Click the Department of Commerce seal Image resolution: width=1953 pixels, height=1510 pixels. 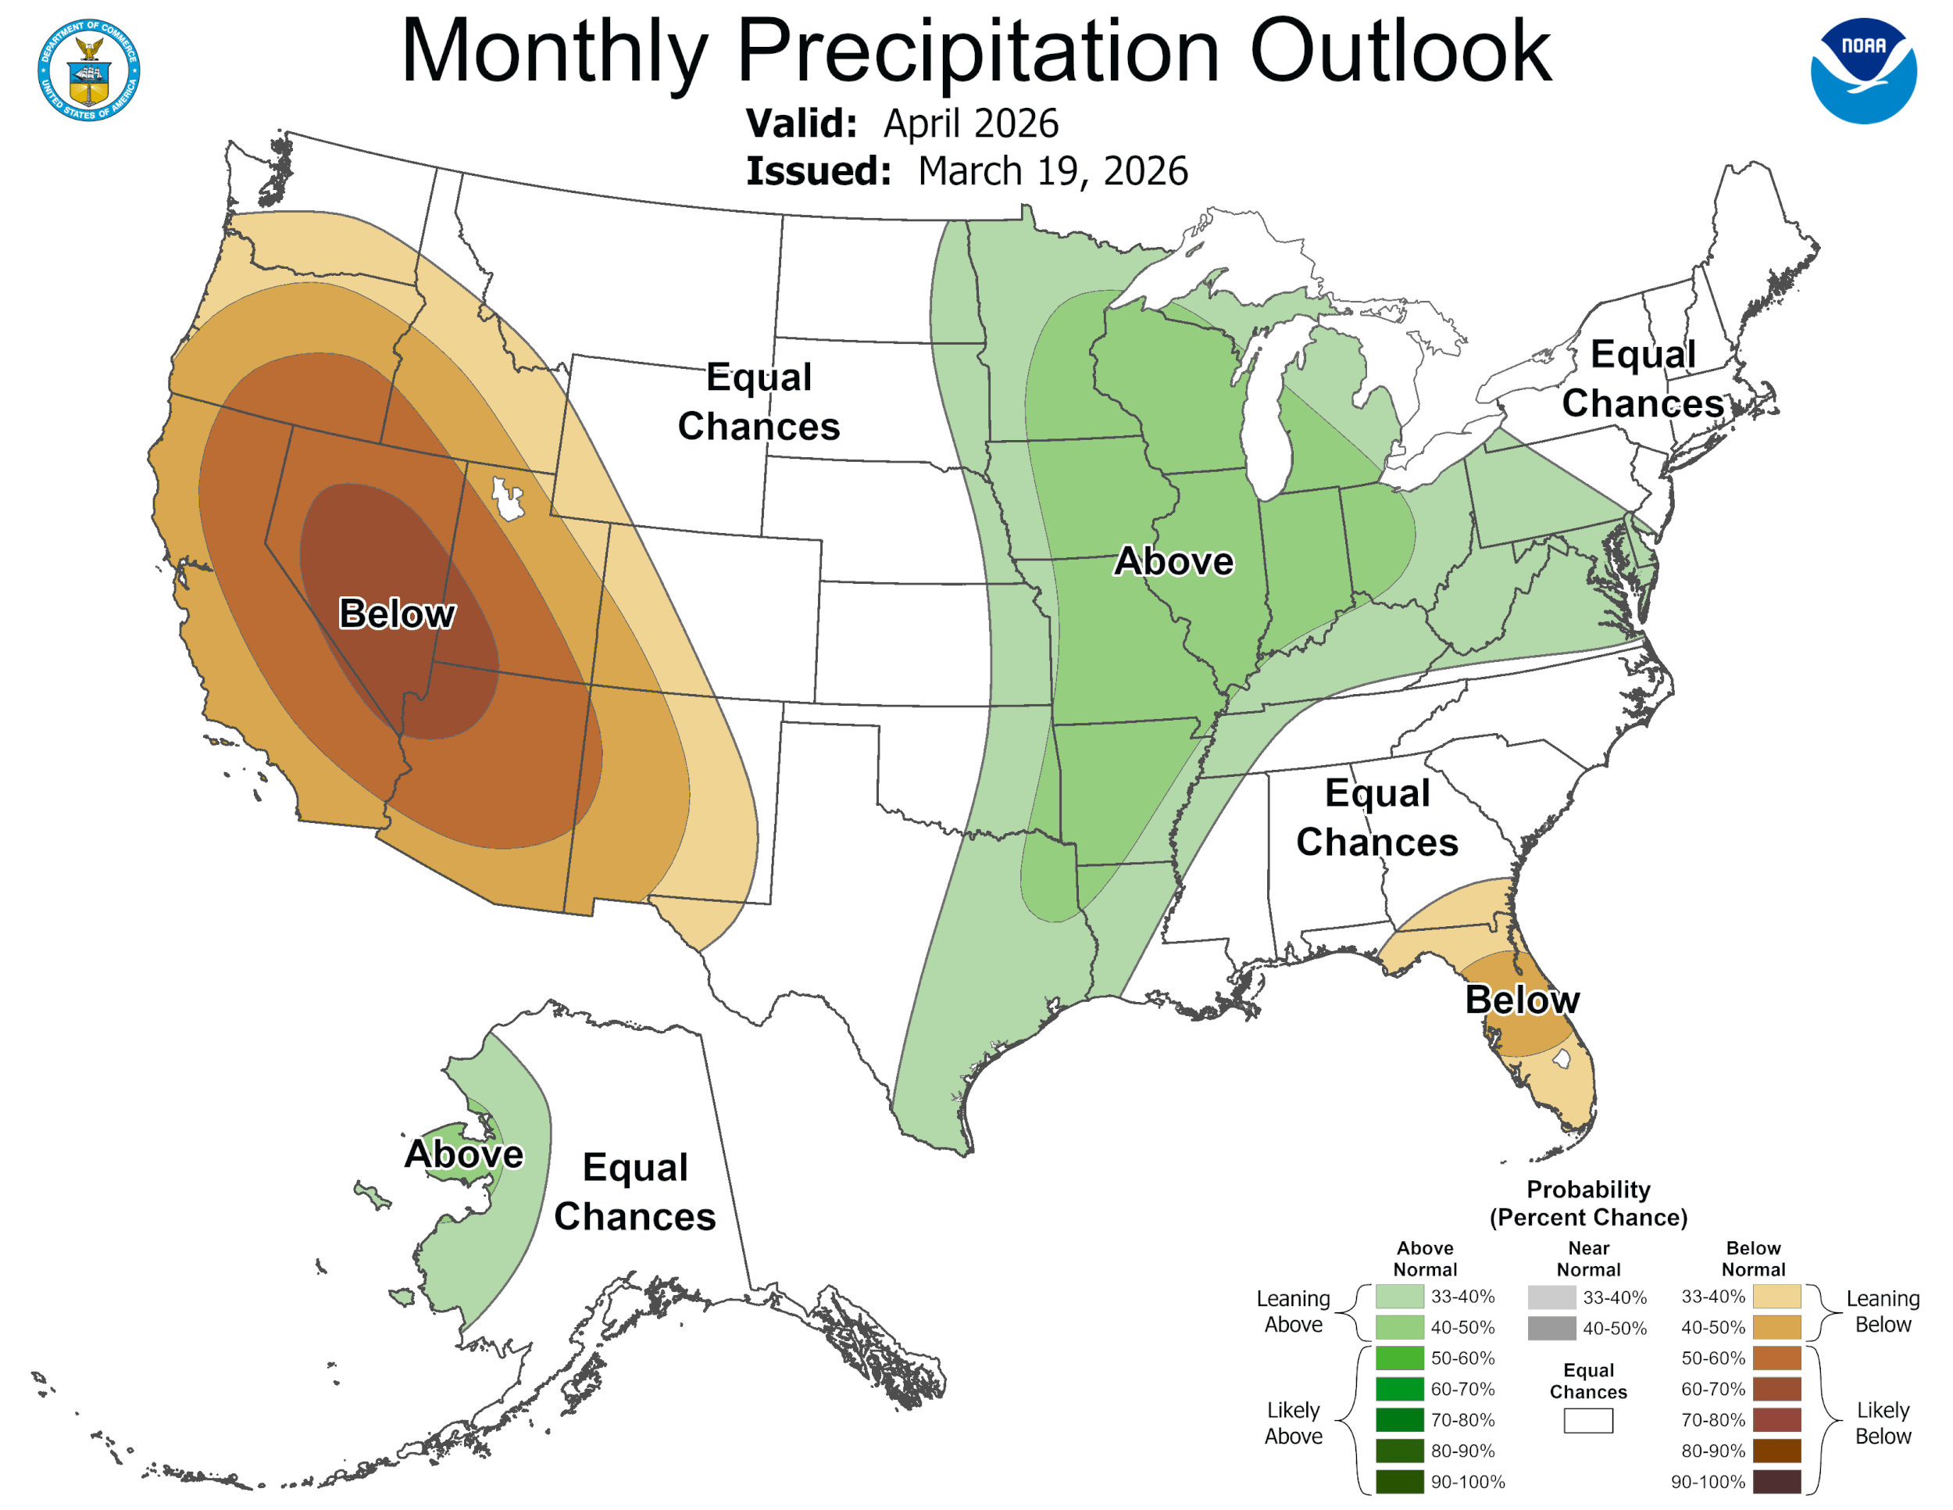click(x=88, y=70)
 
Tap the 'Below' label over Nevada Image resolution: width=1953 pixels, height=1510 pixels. click(x=397, y=614)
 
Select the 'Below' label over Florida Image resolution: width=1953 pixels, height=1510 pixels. click(x=1522, y=999)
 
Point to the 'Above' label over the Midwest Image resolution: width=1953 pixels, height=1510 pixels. click(x=1173, y=561)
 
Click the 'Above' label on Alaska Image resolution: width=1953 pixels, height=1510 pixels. click(x=463, y=1154)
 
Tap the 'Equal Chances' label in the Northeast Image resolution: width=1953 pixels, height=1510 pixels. click(x=1643, y=378)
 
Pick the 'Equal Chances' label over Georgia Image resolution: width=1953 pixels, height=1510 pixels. click(x=1377, y=818)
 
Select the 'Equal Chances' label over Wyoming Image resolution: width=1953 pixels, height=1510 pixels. click(x=759, y=401)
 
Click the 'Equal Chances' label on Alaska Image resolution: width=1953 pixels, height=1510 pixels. click(x=635, y=1192)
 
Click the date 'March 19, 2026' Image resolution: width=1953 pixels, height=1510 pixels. click(x=1052, y=171)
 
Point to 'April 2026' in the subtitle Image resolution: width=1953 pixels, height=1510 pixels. click(x=971, y=123)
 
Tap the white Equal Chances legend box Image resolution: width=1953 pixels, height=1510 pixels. click(x=1588, y=1421)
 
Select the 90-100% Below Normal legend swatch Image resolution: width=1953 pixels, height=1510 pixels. click(x=1776, y=1481)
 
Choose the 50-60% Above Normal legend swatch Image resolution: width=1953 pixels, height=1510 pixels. click(x=1399, y=1358)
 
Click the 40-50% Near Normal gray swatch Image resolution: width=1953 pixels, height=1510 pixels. click(x=1551, y=1328)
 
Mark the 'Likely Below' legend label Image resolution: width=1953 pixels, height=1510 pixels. click(x=1883, y=1422)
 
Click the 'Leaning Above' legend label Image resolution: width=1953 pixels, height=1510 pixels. click(x=1293, y=1311)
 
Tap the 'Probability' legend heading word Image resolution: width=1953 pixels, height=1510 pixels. click(x=1588, y=1189)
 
